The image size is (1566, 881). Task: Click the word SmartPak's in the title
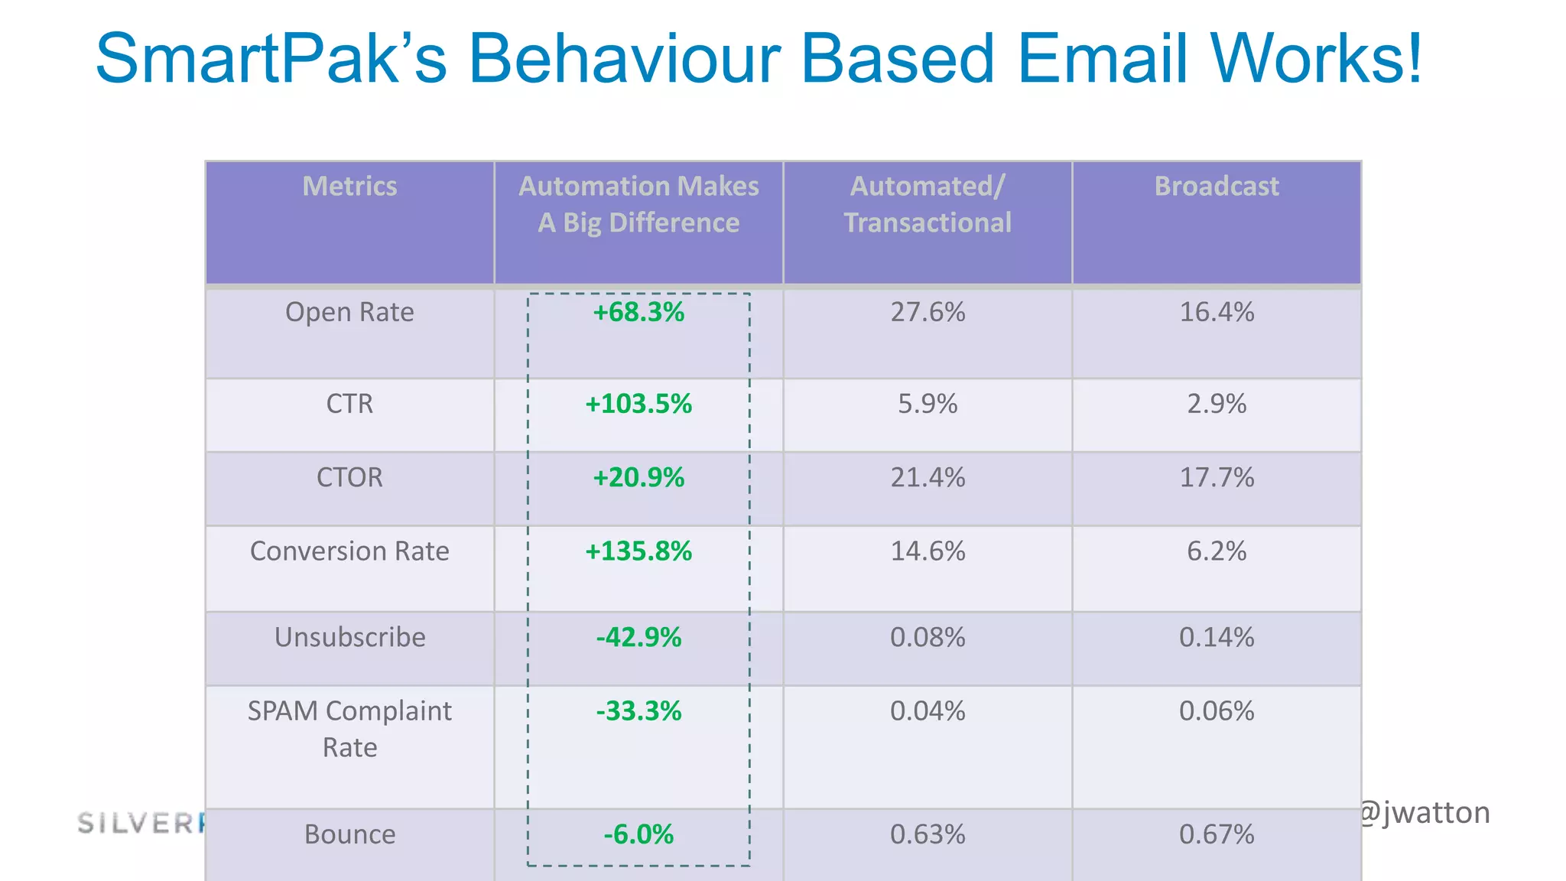click(x=271, y=59)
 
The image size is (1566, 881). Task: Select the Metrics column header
click(x=349, y=187)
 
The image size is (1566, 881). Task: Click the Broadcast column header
click(x=1216, y=187)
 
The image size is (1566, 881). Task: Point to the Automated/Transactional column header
click(x=927, y=205)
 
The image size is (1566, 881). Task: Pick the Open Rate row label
click(x=349, y=313)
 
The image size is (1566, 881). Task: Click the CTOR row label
click(x=349, y=478)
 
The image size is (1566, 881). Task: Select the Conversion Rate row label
click(x=349, y=551)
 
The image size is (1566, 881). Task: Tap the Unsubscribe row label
click(x=349, y=638)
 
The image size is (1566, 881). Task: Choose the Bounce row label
click(x=349, y=834)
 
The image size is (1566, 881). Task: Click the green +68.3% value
click(x=638, y=313)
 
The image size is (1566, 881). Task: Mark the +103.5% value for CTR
click(x=638, y=404)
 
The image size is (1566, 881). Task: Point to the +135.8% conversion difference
click(x=638, y=551)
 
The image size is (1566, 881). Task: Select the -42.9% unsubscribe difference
click(x=638, y=638)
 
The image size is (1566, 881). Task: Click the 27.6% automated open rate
click(x=928, y=313)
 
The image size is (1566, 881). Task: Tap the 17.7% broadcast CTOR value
click(x=1217, y=478)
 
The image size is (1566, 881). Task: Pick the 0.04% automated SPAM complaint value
click(x=928, y=711)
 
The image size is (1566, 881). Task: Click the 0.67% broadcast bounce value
click(x=1217, y=834)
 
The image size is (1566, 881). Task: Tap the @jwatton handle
click(x=1425, y=813)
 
